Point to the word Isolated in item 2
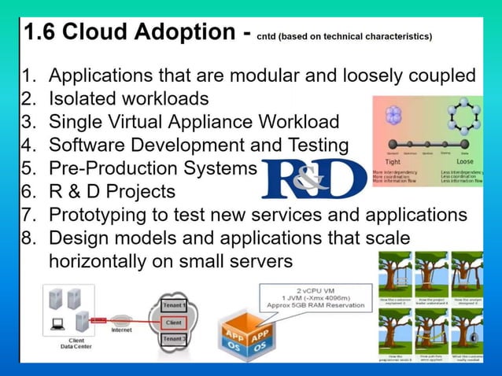[82, 99]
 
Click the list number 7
[28, 214]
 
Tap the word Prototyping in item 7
[98, 214]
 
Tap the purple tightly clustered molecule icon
[393, 116]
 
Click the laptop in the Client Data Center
[57, 323]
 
